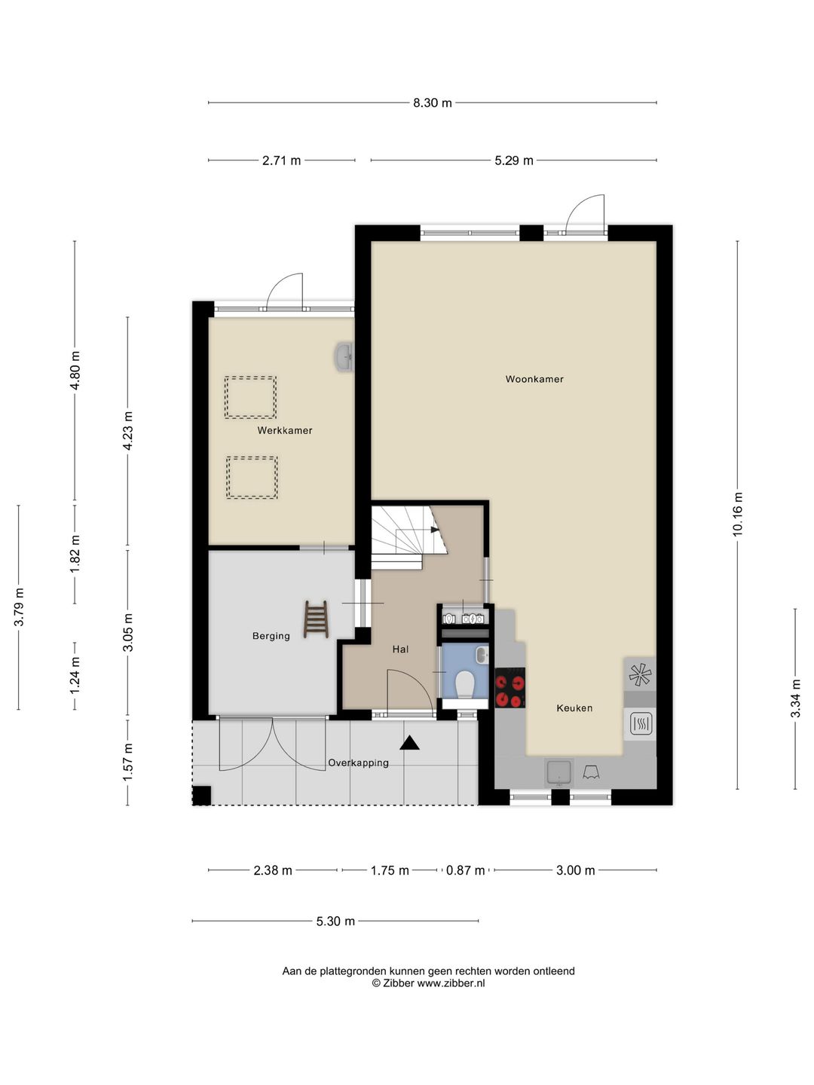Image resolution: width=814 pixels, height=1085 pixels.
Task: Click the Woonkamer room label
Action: (x=534, y=379)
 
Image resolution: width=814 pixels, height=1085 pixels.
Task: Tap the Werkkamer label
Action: (x=285, y=430)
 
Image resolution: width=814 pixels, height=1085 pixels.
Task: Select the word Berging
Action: (x=271, y=636)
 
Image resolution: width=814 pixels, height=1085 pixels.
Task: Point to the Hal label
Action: (x=400, y=649)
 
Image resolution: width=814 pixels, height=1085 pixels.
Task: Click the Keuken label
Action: (x=574, y=708)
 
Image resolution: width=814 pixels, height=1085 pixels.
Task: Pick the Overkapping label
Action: (x=358, y=763)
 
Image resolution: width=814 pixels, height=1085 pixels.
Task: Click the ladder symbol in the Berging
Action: (x=317, y=619)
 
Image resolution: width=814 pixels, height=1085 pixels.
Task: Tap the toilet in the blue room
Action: (x=464, y=684)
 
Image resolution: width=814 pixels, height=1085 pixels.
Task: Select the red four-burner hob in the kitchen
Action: (x=510, y=688)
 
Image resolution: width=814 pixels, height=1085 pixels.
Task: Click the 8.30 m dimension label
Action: (x=433, y=102)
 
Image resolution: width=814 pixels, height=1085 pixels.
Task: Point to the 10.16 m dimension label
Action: (x=737, y=514)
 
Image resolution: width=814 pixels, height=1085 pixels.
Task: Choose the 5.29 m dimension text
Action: (x=514, y=160)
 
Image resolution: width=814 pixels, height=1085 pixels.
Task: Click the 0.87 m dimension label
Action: (x=465, y=870)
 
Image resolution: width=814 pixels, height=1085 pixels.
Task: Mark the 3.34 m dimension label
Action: (x=795, y=698)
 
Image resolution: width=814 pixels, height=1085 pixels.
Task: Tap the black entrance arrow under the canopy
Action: (x=409, y=743)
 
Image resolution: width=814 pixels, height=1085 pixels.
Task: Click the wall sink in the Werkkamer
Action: (x=344, y=356)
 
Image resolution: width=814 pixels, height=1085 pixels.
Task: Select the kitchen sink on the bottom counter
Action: (x=559, y=772)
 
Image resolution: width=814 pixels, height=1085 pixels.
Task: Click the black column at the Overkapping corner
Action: (x=202, y=796)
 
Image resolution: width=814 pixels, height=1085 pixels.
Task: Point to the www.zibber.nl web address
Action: (x=451, y=983)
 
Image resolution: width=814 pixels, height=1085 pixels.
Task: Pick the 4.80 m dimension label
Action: (x=75, y=370)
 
